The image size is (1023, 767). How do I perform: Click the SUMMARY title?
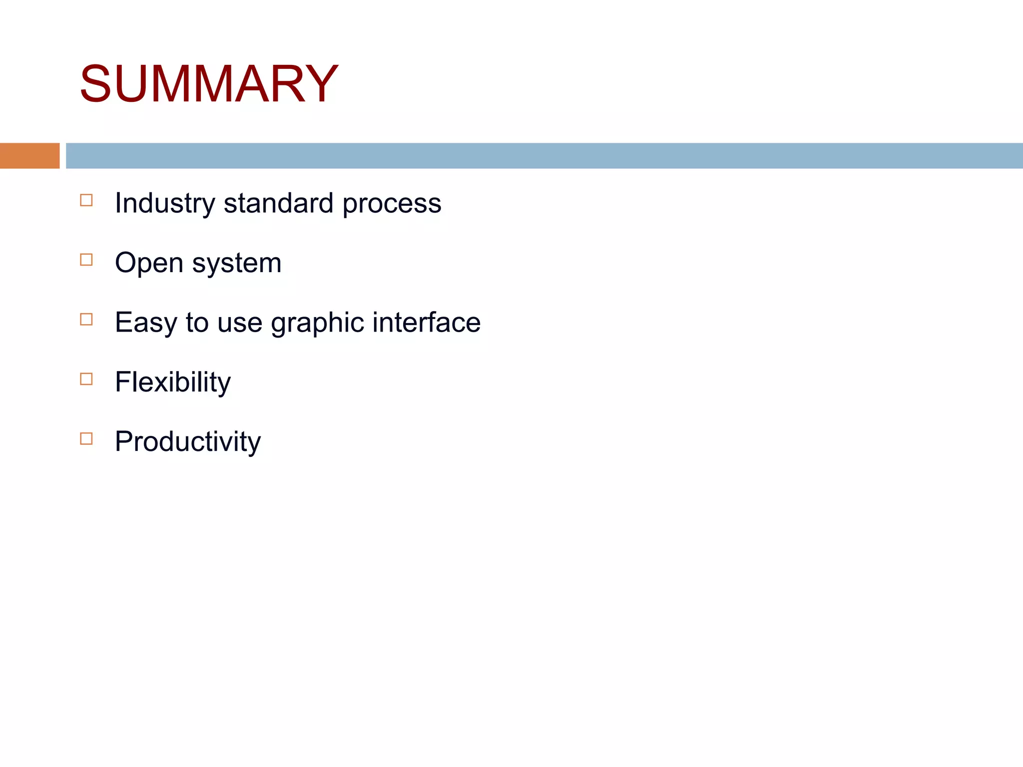(x=209, y=84)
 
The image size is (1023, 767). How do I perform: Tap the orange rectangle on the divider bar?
(x=29, y=156)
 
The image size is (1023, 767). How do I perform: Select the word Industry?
(x=165, y=204)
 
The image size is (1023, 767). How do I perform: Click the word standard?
(x=278, y=204)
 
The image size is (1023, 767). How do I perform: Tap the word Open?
(x=149, y=264)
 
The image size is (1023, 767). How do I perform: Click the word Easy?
(x=146, y=323)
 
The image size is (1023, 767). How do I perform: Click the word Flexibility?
(x=173, y=383)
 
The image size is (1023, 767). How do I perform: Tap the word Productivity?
(x=188, y=442)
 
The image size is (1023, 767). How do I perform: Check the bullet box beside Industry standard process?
(x=86, y=200)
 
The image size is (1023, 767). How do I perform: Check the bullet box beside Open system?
(x=86, y=260)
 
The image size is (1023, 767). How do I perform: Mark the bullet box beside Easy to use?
(x=86, y=319)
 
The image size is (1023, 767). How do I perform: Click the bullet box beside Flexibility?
(x=86, y=379)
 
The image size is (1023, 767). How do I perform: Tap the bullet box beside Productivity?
(x=86, y=438)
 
